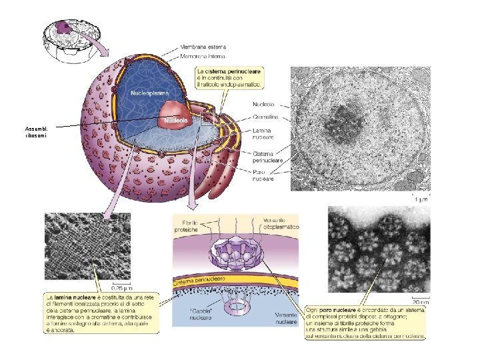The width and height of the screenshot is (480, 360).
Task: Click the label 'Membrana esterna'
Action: coord(203,47)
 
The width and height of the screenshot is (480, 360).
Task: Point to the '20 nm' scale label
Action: coord(420,301)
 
